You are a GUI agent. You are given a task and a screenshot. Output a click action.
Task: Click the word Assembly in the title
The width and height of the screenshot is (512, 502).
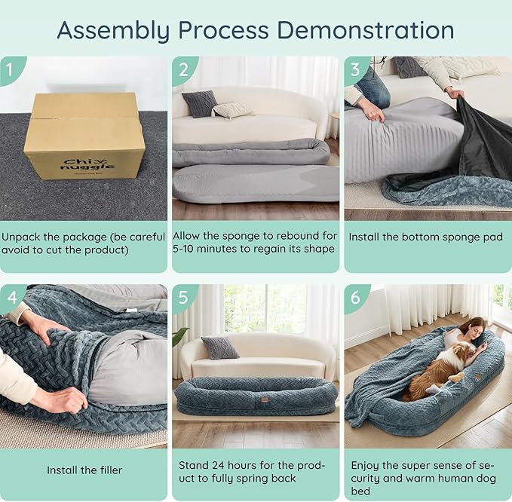(x=114, y=31)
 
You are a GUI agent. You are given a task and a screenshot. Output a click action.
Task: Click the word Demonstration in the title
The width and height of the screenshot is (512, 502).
(x=366, y=30)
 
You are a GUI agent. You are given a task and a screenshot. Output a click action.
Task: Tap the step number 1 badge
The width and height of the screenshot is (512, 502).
(x=11, y=69)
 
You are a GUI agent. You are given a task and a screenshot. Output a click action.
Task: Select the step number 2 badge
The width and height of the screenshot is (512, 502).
(x=183, y=69)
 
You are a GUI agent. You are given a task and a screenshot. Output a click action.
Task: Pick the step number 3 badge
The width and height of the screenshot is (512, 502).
(x=355, y=69)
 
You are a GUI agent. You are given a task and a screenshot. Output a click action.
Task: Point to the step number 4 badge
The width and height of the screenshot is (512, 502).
(x=11, y=297)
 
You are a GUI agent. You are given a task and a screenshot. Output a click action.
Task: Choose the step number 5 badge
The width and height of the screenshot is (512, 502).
(x=183, y=297)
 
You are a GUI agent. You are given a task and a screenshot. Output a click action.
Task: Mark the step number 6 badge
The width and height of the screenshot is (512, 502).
(x=355, y=297)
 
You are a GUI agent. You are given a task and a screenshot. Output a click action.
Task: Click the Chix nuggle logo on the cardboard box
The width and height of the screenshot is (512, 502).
(x=87, y=164)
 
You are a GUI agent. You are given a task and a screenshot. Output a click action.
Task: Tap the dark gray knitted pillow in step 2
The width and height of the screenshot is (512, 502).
(x=200, y=103)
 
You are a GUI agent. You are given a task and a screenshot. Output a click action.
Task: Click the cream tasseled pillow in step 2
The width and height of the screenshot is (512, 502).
(x=231, y=110)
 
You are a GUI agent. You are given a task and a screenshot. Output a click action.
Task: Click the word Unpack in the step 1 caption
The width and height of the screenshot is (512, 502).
(x=21, y=237)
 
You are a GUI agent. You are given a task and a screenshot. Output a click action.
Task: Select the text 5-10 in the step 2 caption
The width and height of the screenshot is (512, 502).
(x=183, y=249)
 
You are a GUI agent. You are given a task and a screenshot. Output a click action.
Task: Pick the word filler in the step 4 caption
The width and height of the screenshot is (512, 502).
(x=110, y=470)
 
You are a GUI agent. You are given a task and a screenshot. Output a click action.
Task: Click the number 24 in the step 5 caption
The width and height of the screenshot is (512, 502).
(x=218, y=465)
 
